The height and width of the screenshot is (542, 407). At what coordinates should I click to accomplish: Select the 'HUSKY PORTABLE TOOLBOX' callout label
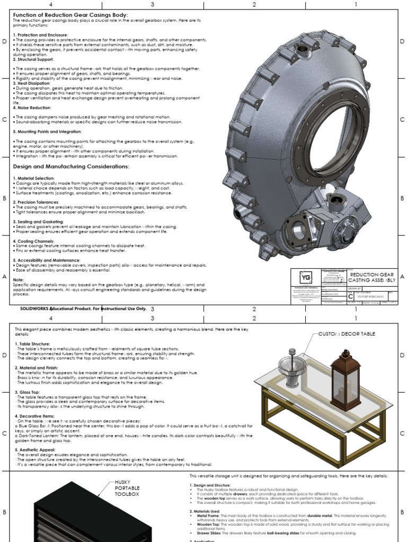coord(127,488)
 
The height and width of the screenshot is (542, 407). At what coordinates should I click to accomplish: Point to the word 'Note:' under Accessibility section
coord(19,279)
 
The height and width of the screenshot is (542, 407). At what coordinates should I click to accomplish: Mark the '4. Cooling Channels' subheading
coord(34,241)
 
